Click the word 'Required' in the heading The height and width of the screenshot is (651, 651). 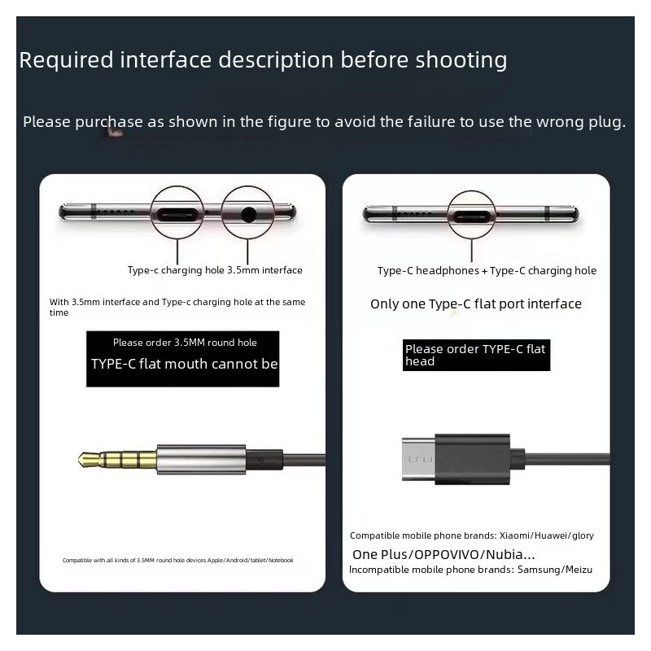(67, 60)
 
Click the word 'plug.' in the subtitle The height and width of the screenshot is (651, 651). (607, 123)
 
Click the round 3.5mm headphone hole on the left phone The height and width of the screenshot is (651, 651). (248, 215)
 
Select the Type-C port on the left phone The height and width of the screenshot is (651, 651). (177, 215)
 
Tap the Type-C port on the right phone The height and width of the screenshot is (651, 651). (471, 216)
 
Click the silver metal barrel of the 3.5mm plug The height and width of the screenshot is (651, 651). (201, 459)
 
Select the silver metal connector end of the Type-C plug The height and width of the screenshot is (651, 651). (418, 459)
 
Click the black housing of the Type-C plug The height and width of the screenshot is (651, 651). (472, 459)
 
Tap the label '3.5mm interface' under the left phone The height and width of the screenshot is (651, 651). (264, 270)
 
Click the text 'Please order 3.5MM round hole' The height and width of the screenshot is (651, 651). (185, 343)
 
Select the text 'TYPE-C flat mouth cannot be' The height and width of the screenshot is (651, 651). (185, 364)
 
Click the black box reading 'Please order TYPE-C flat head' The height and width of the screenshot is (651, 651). (476, 355)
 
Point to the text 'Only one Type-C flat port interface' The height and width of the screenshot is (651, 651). (476, 304)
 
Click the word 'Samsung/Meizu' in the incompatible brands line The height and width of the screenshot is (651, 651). (555, 570)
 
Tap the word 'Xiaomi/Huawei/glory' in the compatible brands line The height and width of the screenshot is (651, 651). (546, 536)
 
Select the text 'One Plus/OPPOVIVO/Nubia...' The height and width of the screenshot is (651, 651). (443, 555)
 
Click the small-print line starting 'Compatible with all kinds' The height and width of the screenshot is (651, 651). (177, 561)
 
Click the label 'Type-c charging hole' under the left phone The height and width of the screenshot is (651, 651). (176, 270)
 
